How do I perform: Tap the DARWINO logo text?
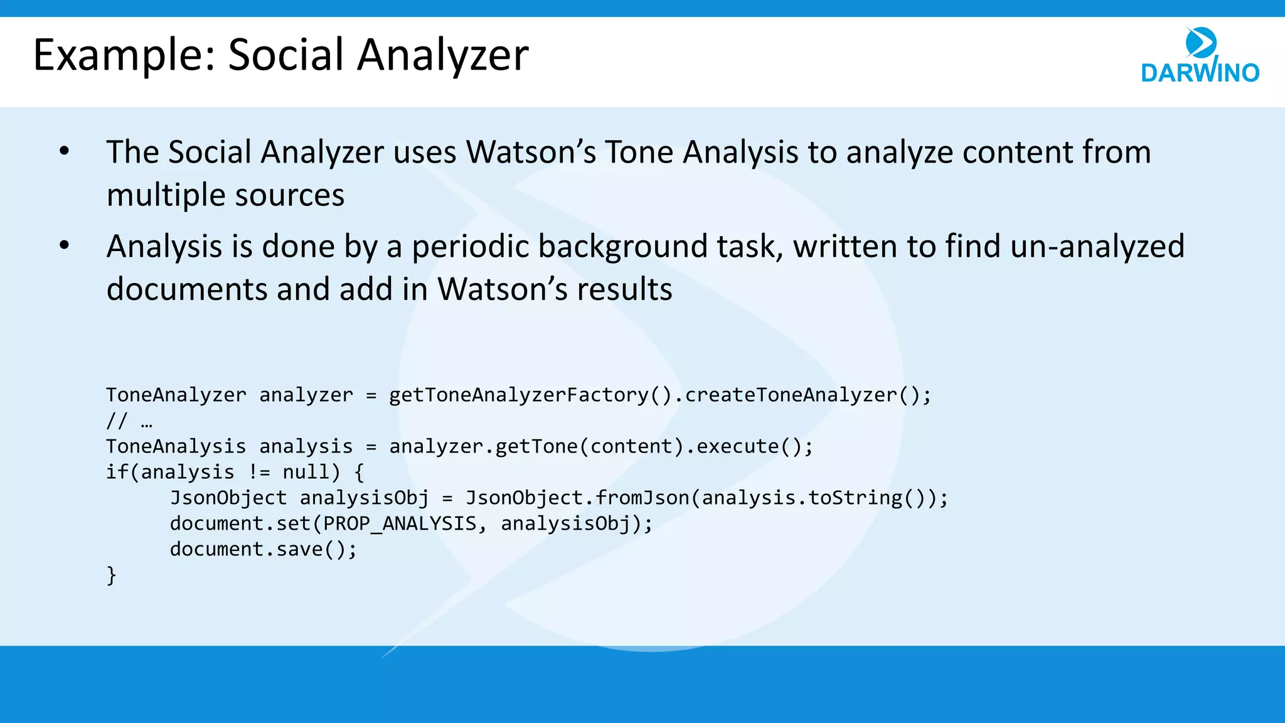(x=1200, y=73)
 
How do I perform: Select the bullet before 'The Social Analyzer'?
(x=64, y=151)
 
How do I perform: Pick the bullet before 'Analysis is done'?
(x=64, y=245)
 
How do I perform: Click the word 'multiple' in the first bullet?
(x=164, y=195)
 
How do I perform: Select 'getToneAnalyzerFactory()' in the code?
(x=531, y=395)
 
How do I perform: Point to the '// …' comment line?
(x=129, y=420)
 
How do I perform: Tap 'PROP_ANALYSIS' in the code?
(x=400, y=523)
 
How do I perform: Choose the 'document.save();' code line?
(x=264, y=549)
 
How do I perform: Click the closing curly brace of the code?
(x=112, y=575)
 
